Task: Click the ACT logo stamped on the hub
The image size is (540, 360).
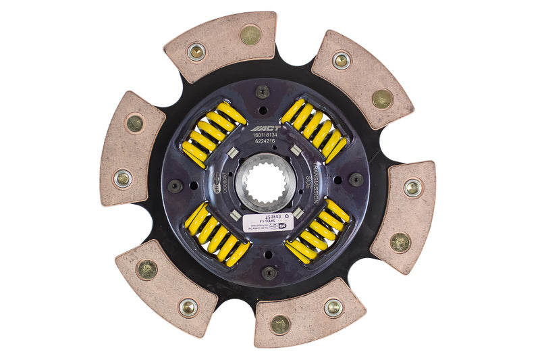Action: pyautogui.click(x=263, y=128)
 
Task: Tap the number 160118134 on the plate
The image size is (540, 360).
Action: pyautogui.click(x=263, y=136)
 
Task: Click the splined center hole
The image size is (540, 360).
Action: pyautogui.click(x=265, y=182)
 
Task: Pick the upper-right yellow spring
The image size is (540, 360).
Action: pyautogui.click(x=315, y=131)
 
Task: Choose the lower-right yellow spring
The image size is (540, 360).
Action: pyautogui.click(x=317, y=231)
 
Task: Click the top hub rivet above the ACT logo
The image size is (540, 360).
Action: pyautogui.click(x=263, y=93)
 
